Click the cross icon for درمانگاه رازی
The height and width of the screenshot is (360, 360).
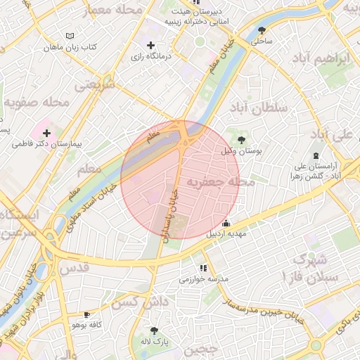pos(150,45)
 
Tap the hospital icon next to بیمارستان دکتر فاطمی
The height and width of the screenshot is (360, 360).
pos(46,133)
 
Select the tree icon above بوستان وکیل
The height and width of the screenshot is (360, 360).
pos(243,139)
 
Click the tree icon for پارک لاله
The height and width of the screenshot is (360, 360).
pos(154,330)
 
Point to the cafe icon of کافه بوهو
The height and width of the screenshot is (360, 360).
pos(86,315)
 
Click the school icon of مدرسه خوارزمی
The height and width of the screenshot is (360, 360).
pos(203,268)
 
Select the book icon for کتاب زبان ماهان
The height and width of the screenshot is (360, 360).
pos(69,36)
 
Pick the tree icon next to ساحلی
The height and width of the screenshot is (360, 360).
pos(262,30)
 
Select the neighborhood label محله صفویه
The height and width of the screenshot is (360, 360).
pos(37,103)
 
